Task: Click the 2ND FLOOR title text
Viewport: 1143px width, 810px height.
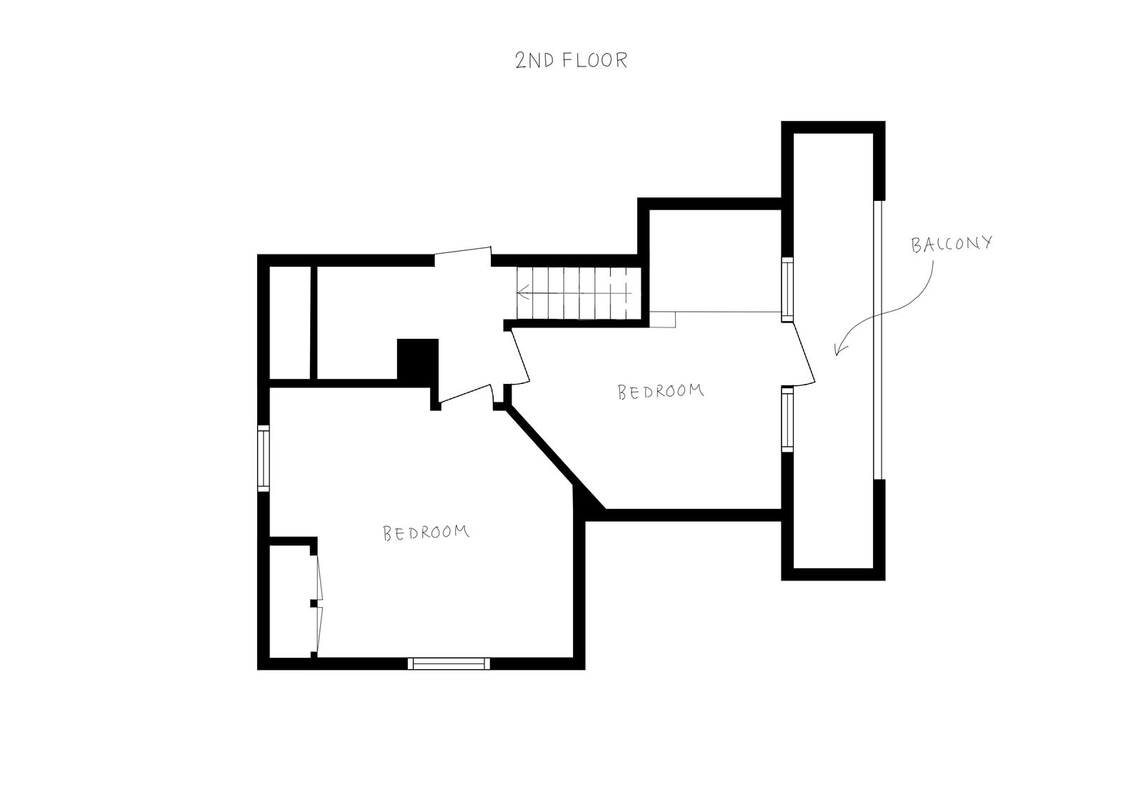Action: [571, 60]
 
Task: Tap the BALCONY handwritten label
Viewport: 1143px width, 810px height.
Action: [952, 244]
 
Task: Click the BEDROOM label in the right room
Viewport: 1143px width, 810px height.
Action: [661, 391]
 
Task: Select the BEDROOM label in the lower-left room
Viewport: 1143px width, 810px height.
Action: [426, 533]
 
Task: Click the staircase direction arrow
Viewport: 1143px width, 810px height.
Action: [574, 294]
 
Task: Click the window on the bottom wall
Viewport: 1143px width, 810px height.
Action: [449, 663]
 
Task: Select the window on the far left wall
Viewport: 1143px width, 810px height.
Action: [264, 458]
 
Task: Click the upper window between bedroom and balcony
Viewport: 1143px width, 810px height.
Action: [788, 290]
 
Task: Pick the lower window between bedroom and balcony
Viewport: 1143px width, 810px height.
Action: [788, 420]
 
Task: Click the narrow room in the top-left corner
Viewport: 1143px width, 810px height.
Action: [289, 322]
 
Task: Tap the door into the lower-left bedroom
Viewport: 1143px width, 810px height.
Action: [465, 393]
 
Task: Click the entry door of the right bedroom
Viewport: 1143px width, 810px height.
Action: [521, 356]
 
